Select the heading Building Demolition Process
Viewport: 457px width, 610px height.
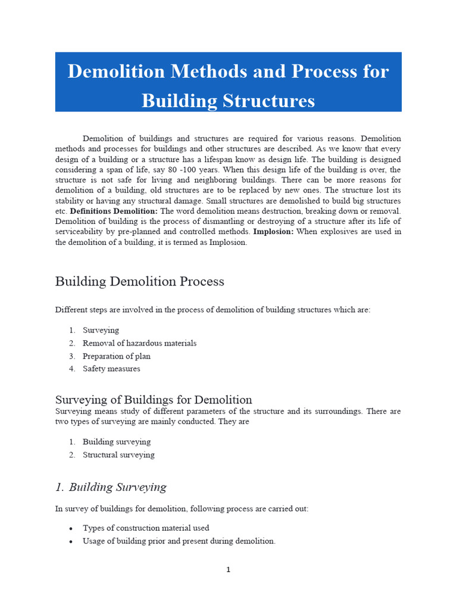pos(139,281)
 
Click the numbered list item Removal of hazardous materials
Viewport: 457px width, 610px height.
pos(139,343)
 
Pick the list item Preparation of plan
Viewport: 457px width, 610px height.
pos(116,356)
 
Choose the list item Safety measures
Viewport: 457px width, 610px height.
pos(111,369)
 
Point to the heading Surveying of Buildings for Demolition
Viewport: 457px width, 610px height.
pos(154,399)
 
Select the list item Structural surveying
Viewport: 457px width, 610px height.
pos(118,455)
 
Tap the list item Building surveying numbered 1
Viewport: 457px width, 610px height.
pos(116,442)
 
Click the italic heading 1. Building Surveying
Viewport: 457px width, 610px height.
pos(111,487)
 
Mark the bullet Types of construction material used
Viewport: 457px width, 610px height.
pos(146,528)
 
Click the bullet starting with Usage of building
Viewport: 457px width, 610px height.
pos(179,541)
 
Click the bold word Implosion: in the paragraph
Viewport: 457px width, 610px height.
pos(273,232)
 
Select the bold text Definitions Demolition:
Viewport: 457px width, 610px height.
pos(114,211)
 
